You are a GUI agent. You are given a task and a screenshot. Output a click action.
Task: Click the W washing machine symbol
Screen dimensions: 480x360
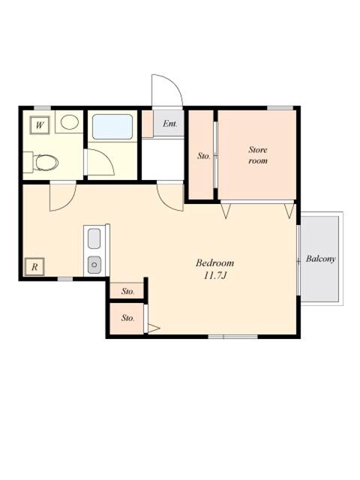click(x=40, y=124)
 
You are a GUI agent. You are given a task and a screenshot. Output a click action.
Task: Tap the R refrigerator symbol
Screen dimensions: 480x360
click(x=35, y=265)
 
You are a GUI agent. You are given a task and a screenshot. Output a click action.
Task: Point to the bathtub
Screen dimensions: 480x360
click(x=112, y=126)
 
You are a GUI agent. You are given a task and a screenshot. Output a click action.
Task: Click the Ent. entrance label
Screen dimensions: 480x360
click(x=169, y=123)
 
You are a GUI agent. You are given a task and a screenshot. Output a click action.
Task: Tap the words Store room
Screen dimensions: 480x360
click(x=258, y=155)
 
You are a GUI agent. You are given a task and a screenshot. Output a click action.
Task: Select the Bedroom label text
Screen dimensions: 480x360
click(x=214, y=263)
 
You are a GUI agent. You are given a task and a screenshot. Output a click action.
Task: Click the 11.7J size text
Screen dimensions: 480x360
click(x=214, y=276)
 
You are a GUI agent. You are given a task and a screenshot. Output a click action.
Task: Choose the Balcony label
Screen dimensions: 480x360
click(x=321, y=259)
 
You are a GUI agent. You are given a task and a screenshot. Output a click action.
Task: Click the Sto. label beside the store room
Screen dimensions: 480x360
click(x=202, y=156)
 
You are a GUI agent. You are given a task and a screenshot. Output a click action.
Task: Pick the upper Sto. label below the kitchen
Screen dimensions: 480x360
click(x=127, y=290)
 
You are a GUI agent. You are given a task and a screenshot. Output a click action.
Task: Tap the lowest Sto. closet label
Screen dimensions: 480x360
click(x=127, y=318)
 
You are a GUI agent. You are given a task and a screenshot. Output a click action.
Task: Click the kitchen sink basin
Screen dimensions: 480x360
click(x=94, y=239)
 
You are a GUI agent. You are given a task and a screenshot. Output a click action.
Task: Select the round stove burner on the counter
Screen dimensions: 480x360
click(x=94, y=263)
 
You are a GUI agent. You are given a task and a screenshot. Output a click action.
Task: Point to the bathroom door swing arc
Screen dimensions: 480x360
click(x=100, y=162)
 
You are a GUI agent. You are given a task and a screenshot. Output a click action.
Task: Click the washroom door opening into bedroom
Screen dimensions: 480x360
click(x=61, y=196)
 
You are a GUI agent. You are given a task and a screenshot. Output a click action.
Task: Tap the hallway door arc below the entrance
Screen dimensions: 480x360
click(x=170, y=196)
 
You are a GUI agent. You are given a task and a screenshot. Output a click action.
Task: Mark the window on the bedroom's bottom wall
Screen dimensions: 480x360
click(x=232, y=335)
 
